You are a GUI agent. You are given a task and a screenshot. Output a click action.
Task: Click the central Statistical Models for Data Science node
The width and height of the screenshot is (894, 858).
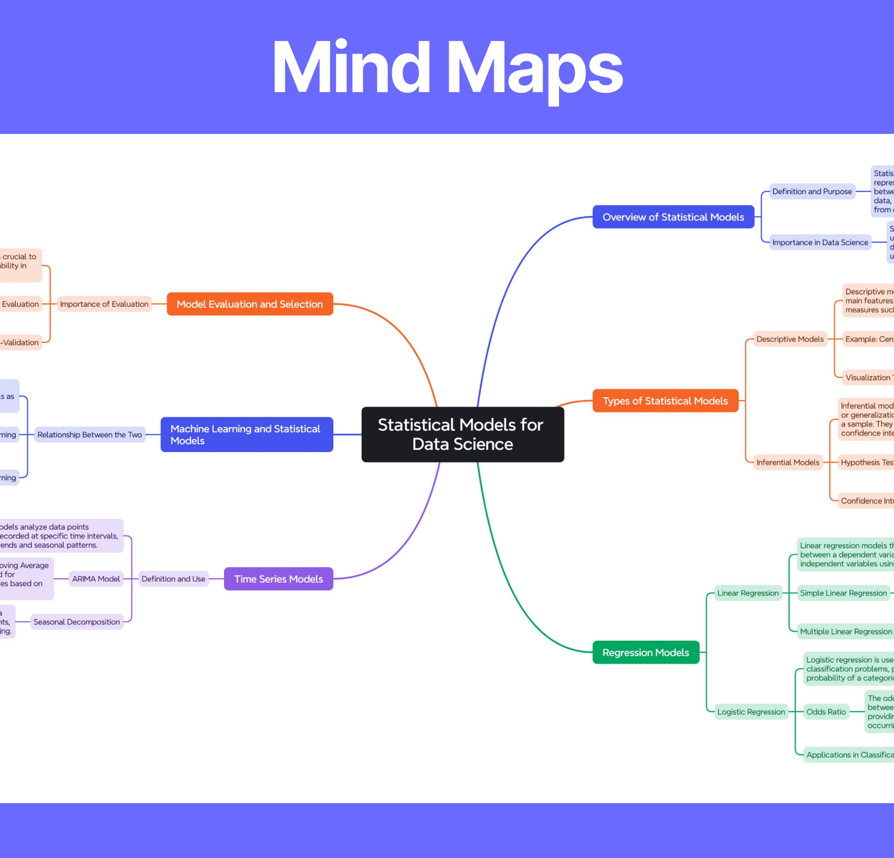[462, 434]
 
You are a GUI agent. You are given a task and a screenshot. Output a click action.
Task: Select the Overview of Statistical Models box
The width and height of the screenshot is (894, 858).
[673, 217]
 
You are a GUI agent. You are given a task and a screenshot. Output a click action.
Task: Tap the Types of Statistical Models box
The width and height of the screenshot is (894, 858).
[665, 401]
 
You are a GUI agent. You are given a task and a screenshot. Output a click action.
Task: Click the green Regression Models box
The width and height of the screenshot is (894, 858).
[645, 653]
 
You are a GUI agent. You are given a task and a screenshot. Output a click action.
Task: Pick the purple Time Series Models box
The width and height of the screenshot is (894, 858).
[278, 579]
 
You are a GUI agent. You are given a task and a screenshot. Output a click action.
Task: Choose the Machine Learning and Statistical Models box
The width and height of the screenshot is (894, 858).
[247, 435]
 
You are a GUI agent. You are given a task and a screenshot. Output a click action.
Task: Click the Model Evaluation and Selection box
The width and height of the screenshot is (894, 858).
[250, 304]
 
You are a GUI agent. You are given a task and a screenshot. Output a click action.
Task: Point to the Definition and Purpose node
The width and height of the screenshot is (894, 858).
[812, 192]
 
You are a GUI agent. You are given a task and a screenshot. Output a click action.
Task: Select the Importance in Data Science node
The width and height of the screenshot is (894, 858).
[819, 242]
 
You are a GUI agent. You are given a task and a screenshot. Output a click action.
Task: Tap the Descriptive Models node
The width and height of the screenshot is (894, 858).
[790, 339]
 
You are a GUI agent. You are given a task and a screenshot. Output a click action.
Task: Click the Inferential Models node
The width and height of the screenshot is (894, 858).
[787, 463]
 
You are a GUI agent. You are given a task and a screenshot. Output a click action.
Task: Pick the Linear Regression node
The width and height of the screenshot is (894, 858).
[747, 593]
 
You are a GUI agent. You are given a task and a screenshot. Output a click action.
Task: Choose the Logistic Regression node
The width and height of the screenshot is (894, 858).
[751, 712]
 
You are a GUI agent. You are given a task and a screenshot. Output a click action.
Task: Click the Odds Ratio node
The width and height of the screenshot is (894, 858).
[825, 712]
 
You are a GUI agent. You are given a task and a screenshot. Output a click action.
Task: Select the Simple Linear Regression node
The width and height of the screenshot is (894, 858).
[843, 593]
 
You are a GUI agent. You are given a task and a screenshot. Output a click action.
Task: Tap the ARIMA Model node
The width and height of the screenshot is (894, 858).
[96, 579]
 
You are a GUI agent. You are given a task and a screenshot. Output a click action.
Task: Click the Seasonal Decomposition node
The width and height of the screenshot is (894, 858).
[77, 622]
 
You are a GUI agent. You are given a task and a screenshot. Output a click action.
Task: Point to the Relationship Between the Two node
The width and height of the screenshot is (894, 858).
[89, 435]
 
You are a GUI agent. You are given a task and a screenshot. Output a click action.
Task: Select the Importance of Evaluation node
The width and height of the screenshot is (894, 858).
[104, 304]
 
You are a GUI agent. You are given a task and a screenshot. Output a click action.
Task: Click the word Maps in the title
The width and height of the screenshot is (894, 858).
[534, 67]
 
